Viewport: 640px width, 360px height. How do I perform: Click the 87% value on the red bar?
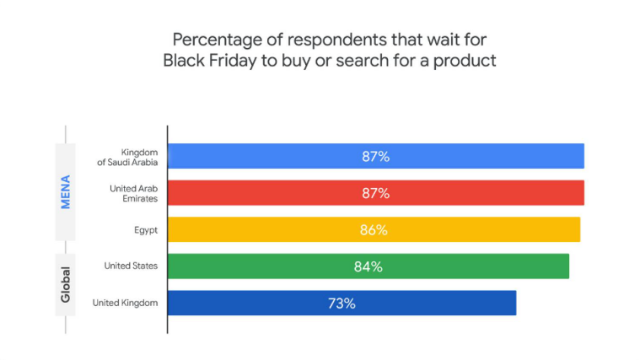click(x=375, y=193)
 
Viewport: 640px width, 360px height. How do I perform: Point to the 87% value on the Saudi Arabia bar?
click(x=375, y=156)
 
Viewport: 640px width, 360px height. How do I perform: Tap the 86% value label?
click(x=374, y=229)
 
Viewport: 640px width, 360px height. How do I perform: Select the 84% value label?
click(x=368, y=266)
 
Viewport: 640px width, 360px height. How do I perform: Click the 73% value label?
click(x=342, y=303)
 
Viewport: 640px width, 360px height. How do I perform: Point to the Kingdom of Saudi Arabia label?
click(x=128, y=156)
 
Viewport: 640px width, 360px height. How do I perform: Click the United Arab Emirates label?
click(x=133, y=192)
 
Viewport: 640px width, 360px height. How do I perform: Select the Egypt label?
click(x=145, y=229)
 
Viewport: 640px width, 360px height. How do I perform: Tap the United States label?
click(x=131, y=266)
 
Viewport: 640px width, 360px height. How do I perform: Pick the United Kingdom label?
click(x=125, y=303)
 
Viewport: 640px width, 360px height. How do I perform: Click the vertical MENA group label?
click(x=65, y=191)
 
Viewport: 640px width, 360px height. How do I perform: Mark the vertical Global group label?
click(x=65, y=285)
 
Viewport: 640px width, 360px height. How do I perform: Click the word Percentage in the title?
click(x=216, y=40)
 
